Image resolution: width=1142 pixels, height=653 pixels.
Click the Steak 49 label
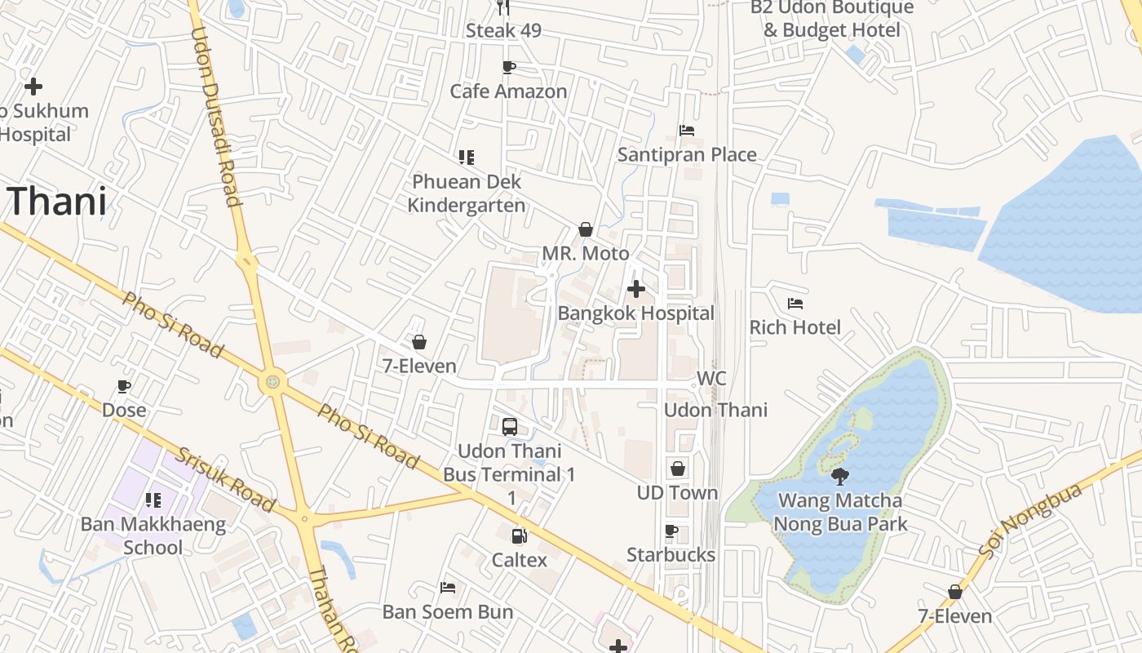503,31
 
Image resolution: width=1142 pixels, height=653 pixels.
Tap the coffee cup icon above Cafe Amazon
509,67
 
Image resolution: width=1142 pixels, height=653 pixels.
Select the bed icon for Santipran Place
687,131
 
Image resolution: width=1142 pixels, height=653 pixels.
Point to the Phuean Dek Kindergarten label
467,193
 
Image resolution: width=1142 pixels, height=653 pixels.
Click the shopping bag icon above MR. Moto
585,229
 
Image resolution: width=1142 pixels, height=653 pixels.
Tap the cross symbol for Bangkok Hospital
636,289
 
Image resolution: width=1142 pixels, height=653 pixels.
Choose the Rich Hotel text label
795,327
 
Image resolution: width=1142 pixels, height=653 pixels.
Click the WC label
711,380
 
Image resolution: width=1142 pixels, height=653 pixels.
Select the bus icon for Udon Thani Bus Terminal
510,426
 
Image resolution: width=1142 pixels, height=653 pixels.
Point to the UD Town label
677,493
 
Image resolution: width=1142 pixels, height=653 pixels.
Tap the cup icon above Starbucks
671,531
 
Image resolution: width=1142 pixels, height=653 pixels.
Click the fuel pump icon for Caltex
519,536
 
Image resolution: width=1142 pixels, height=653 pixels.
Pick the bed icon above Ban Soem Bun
448,587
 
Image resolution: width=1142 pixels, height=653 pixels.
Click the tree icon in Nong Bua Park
840,477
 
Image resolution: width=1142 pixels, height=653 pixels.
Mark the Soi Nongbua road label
1030,521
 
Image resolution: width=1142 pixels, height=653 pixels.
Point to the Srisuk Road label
226,480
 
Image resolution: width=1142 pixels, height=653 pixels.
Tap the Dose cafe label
124,410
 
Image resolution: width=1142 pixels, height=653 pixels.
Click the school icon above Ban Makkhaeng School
153,500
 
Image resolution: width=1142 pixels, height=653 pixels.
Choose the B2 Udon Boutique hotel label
832,19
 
